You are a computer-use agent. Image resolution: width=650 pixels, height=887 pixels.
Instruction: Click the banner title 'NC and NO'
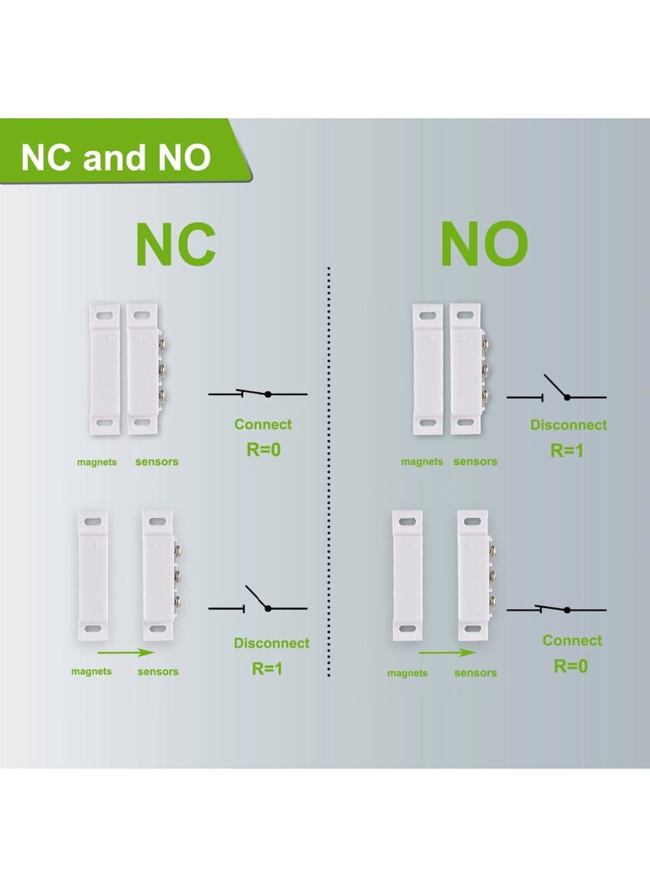(x=115, y=157)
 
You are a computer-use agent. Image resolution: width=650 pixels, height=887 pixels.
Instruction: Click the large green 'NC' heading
(x=175, y=242)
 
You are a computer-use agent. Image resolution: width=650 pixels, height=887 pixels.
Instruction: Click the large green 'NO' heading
(x=484, y=242)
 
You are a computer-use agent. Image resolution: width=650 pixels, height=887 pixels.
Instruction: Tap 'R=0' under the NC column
(x=262, y=448)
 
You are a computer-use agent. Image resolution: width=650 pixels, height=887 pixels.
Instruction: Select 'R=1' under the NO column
(x=568, y=450)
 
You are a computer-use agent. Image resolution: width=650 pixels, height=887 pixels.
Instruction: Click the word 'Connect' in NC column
(x=262, y=424)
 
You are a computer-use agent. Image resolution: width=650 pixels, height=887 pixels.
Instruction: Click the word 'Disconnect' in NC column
(x=271, y=643)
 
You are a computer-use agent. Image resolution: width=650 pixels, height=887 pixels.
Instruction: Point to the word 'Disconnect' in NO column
(x=568, y=425)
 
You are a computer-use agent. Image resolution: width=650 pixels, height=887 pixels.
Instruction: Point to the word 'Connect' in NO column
(x=572, y=641)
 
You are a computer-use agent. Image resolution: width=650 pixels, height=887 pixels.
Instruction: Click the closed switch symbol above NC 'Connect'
(x=258, y=393)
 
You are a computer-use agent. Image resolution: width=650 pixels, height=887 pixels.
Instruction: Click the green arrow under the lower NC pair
(x=123, y=652)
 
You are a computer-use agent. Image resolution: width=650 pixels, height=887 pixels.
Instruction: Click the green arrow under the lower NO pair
(x=447, y=652)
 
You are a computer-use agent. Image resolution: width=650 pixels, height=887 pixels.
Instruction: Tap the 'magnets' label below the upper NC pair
(x=97, y=462)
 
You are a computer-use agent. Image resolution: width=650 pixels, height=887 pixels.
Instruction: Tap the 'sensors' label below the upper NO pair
(x=474, y=462)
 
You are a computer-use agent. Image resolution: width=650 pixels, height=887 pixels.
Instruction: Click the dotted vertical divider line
(x=329, y=472)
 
